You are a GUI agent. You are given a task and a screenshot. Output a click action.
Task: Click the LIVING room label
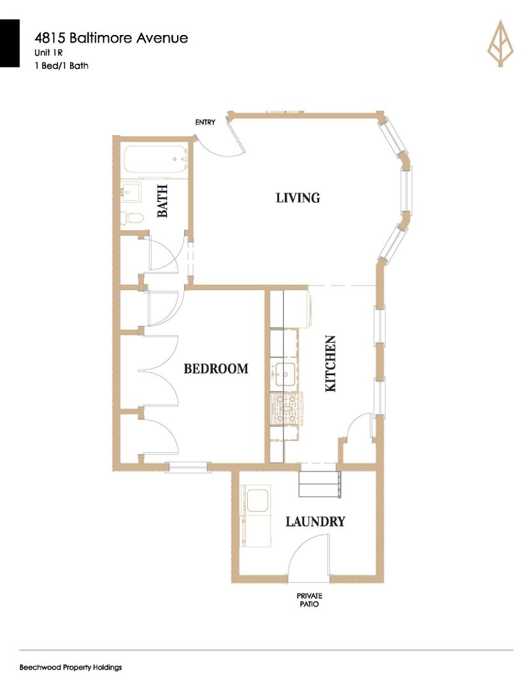tap(298, 198)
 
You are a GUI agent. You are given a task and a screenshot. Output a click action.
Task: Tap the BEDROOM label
tap(216, 369)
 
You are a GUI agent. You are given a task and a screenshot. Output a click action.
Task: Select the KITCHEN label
tap(330, 364)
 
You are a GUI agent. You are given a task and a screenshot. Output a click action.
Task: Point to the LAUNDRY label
tap(315, 522)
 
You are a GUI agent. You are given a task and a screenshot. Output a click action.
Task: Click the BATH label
tap(163, 201)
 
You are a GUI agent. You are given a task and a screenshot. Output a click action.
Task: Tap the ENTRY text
tap(205, 122)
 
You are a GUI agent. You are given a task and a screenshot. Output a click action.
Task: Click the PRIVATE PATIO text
tap(310, 600)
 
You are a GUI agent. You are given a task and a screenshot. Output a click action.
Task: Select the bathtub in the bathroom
tap(156, 160)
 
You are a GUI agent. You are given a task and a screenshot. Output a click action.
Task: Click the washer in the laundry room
tap(256, 501)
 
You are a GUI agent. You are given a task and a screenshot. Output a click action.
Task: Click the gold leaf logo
tap(500, 43)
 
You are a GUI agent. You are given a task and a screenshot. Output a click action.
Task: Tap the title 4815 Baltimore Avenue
tap(111, 38)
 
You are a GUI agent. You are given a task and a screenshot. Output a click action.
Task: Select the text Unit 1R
tap(48, 53)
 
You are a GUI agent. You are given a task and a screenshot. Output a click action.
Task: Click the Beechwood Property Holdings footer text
tap(71, 668)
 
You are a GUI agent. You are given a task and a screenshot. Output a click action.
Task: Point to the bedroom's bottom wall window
tap(189, 467)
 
